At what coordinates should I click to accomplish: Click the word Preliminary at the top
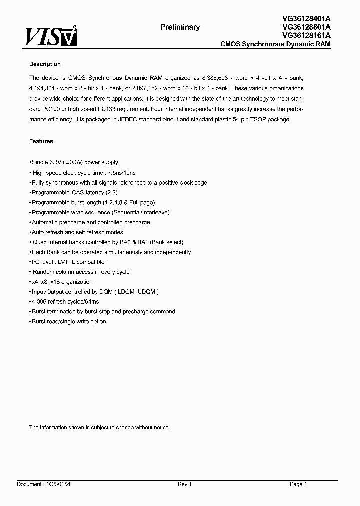coord(180,27)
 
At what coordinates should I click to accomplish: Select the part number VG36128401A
coord(306,18)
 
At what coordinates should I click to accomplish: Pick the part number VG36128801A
coord(306,27)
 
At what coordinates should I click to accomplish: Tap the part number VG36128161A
coord(306,35)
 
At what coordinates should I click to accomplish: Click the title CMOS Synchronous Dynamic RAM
coord(275,44)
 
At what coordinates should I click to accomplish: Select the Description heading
coord(45,64)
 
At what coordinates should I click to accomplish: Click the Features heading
coord(41,141)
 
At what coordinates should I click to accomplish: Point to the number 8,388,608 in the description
coord(217,78)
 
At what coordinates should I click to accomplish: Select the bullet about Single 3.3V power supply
coord(75,162)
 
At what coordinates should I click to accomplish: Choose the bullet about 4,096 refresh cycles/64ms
coord(65,302)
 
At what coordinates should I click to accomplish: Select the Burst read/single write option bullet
coord(69,321)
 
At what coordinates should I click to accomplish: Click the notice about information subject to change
coord(99,427)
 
